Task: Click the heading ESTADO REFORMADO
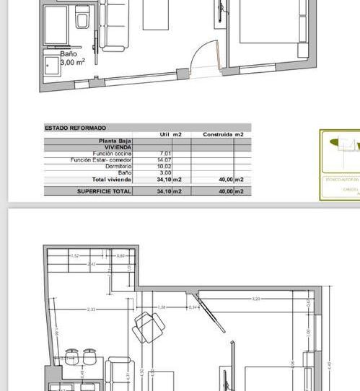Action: tap(75, 128)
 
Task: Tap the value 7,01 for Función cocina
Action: tap(165, 154)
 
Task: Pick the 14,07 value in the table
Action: tap(165, 160)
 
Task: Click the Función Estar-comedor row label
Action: tap(101, 160)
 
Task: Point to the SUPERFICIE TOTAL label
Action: tap(104, 191)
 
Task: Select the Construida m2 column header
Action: tap(223, 135)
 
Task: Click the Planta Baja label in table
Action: tap(115, 141)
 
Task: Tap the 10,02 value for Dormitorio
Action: tap(165, 167)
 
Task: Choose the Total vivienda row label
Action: tap(112, 179)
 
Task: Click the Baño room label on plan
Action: tap(69, 54)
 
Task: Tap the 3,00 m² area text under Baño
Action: tap(72, 63)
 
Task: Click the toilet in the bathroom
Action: tap(82, 19)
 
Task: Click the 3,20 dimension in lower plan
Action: tap(255, 299)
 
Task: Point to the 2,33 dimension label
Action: tap(91, 309)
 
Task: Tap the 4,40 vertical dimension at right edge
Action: tap(330, 364)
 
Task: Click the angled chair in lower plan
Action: tap(148, 328)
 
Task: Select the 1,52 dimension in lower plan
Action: tap(75, 255)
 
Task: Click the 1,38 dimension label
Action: tap(162, 307)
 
